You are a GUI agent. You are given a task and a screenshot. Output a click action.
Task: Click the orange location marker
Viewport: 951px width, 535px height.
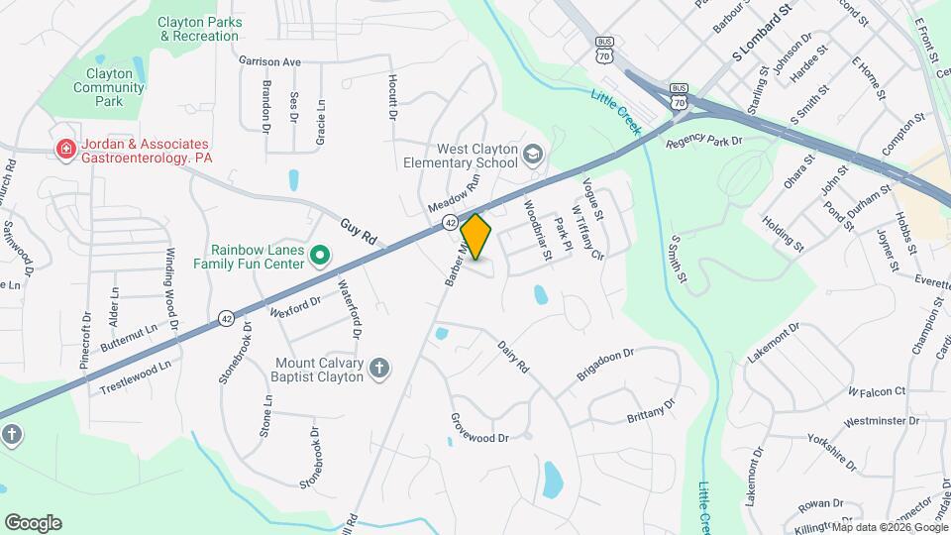pos(475,236)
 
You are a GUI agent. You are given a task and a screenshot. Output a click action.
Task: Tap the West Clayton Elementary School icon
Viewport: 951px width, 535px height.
pos(534,154)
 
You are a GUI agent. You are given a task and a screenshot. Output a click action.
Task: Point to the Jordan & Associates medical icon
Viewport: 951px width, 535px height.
pos(66,151)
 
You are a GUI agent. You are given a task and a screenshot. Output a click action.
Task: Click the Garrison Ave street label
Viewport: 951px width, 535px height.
pos(269,61)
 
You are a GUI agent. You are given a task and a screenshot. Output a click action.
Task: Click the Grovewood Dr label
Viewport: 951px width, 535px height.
pos(478,429)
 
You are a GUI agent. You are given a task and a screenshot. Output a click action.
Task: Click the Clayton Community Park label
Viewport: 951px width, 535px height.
pos(108,87)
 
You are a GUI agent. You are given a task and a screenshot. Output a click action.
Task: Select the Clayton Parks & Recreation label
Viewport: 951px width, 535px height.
pos(199,29)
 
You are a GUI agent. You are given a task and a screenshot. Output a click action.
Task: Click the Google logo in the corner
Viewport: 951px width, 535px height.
pos(33,522)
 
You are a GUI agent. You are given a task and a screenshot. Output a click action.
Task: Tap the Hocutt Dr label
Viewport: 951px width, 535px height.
pos(392,96)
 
